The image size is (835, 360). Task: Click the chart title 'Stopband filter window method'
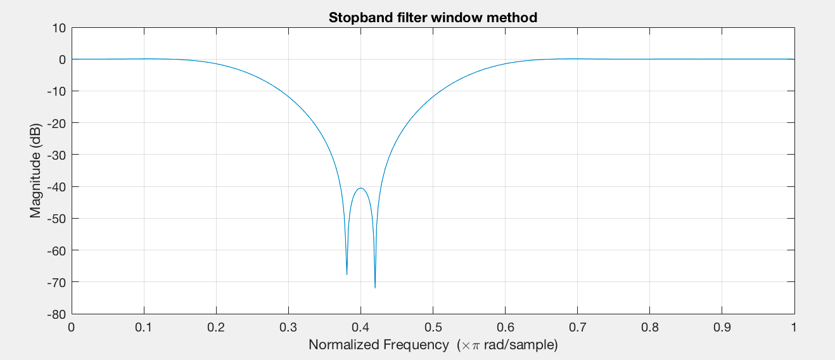433,18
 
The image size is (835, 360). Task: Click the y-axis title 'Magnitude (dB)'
35,170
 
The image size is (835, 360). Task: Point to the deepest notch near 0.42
375,288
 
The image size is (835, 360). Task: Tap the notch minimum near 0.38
347,274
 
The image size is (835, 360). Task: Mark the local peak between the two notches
360,188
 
